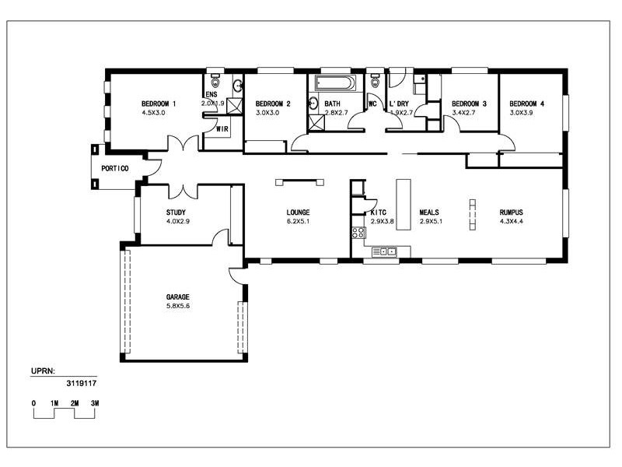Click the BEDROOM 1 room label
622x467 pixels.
pyautogui.click(x=159, y=104)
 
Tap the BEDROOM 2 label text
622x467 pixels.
pyautogui.click(x=273, y=104)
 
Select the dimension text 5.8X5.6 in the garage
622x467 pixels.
pyautogui.click(x=177, y=306)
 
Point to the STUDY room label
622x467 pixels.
pyautogui.click(x=176, y=212)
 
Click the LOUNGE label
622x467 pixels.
pyautogui.click(x=299, y=212)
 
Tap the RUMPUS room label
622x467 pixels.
pyautogui.click(x=511, y=212)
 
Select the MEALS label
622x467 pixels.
pyautogui.click(x=430, y=212)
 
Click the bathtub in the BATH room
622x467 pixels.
pyautogui.click(x=335, y=83)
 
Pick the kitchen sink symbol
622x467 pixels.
pyautogui.click(x=384, y=251)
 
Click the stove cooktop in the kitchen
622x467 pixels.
pyautogui.click(x=358, y=233)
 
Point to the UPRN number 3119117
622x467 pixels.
pyautogui.click(x=82, y=383)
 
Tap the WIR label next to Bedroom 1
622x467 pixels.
pyautogui.click(x=222, y=129)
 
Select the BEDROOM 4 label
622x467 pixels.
pyautogui.click(x=527, y=104)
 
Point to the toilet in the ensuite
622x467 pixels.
pyautogui.click(x=215, y=83)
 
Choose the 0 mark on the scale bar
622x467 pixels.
pyautogui.click(x=33, y=402)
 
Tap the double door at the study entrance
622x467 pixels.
pyautogui.click(x=183, y=191)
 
